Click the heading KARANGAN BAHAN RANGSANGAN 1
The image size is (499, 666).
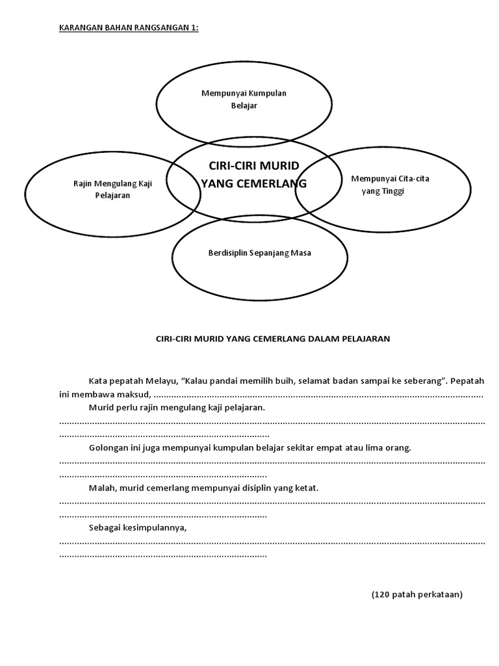(x=128, y=29)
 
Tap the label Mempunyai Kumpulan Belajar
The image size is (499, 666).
(x=244, y=100)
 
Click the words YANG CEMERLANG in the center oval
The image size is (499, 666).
(x=253, y=184)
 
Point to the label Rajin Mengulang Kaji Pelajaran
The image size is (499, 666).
(x=112, y=189)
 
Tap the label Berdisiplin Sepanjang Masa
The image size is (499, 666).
(x=259, y=253)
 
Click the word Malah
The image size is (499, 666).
(x=101, y=488)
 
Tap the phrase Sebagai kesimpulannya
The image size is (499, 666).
(x=138, y=527)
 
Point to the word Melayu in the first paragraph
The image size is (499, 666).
(x=166, y=380)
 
